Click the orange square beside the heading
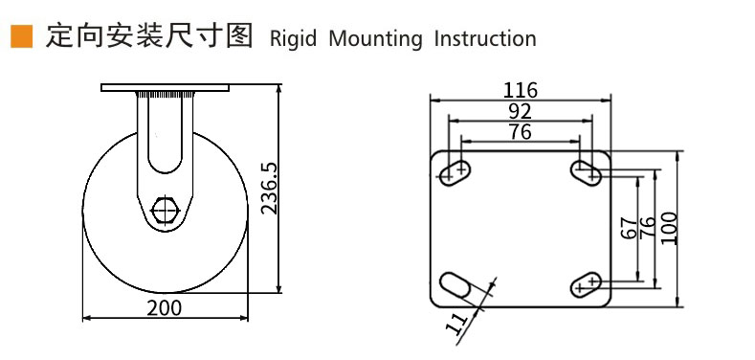(x=22, y=36)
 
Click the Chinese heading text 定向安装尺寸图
(x=149, y=36)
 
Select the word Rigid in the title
(x=293, y=38)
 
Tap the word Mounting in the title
(x=375, y=38)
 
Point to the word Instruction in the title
(x=485, y=38)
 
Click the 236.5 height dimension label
(x=270, y=189)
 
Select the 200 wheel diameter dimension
(x=165, y=308)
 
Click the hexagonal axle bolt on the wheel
(x=165, y=211)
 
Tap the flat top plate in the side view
(x=165, y=87)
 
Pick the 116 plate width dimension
(x=520, y=90)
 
